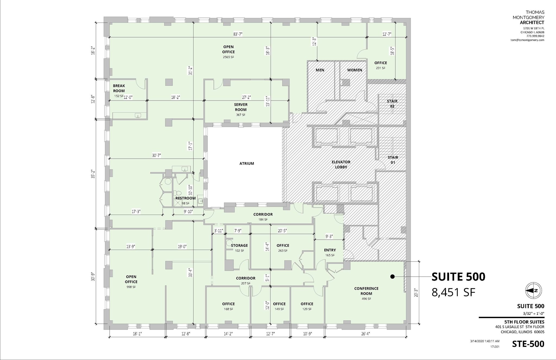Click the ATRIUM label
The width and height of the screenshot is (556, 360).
247,164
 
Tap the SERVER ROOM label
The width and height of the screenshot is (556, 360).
241,107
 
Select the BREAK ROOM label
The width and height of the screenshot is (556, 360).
119,88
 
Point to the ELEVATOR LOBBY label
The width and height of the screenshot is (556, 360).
341,164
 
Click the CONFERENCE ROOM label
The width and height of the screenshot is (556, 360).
366,291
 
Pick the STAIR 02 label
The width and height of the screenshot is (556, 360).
392,104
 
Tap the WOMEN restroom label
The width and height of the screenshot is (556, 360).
355,70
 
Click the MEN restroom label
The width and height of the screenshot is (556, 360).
320,70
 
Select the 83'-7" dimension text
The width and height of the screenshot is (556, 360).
238,34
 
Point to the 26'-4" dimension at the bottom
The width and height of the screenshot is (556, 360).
365,334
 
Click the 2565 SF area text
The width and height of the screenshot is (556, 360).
228,57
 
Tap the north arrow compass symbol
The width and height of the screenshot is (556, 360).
533,290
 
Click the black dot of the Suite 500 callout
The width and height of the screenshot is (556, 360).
392,277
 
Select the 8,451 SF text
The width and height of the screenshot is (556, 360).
453,293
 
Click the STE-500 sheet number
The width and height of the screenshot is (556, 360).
528,344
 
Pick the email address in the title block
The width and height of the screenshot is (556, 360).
527,40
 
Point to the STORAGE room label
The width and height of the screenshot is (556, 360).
239,245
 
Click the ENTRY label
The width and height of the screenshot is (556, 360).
330,250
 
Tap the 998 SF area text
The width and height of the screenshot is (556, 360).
131,287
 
